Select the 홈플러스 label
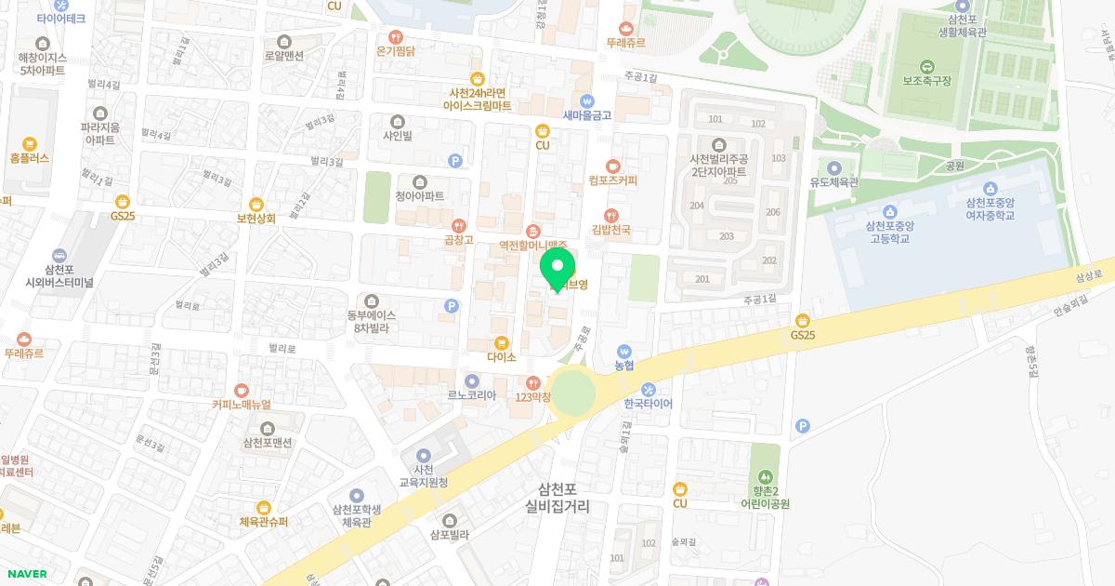coord(29,159)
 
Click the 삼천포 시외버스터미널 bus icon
coord(59,256)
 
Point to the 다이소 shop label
coord(501,356)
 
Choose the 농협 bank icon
coord(624,352)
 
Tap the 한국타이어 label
coord(648,405)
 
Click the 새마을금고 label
coord(586,115)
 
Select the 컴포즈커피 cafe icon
coord(612,166)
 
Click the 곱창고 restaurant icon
coord(458,225)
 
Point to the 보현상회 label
coord(256,219)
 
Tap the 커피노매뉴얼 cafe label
coord(241,405)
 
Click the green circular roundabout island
coord(572,391)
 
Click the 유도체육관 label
coord(833,183)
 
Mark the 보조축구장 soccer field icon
coord(926,66)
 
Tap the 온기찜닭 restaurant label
coord(395,52)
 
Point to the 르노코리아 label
coord(471,395)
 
